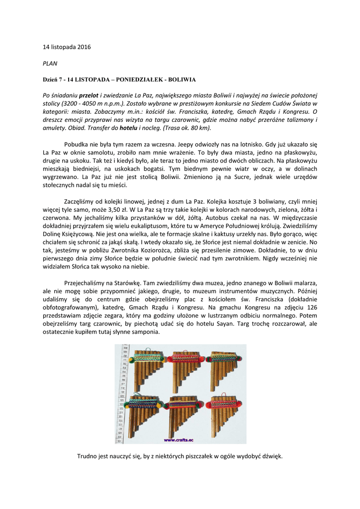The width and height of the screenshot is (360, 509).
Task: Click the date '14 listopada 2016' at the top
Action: coord(67,47)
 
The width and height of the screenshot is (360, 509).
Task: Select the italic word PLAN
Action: coord(50,63)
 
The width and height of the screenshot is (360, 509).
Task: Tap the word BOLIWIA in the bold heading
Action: coord(182,80)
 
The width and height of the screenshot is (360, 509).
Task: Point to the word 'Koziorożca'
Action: coord(160,251)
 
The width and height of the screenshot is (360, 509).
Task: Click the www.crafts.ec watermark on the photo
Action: coord(179,440)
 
